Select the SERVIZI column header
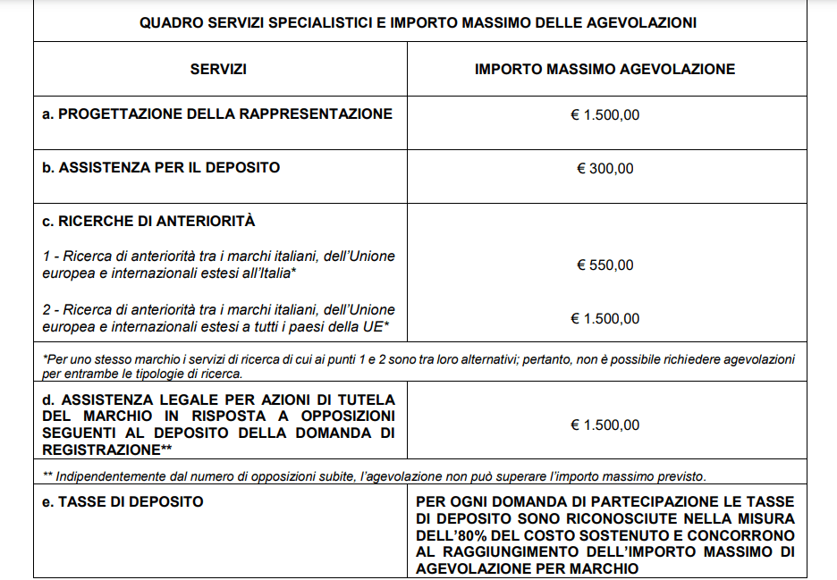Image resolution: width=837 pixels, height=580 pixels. point(218,69)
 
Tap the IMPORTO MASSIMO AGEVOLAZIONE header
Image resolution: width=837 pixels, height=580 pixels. point(604,69)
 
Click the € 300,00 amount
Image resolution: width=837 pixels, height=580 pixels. point(604,168)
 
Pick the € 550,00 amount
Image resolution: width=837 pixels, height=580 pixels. point(604,265)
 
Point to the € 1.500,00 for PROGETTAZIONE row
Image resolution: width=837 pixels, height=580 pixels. point(604,114)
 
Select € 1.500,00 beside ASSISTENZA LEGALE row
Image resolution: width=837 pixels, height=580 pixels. point(604,424)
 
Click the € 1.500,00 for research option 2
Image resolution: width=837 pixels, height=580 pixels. point(604,318)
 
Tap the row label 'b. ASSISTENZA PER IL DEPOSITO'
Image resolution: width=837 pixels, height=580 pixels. point(161,167)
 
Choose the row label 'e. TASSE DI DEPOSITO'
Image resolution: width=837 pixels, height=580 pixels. point(123,501)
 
